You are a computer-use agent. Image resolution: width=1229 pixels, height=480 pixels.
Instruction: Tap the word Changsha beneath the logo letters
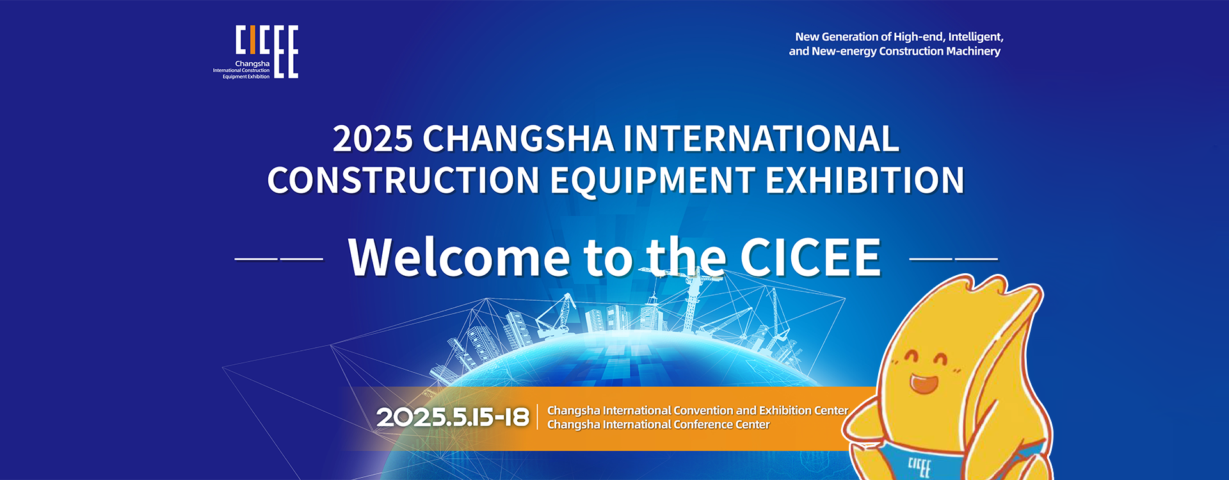point(252,64)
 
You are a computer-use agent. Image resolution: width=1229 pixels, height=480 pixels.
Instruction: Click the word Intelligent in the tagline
point(976,37)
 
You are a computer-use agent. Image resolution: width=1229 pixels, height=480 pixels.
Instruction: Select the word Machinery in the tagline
point(973,51)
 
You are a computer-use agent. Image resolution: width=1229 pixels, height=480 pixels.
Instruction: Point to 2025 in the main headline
point(373,139)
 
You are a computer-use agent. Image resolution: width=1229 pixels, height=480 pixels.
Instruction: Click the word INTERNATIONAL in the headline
point(762,139)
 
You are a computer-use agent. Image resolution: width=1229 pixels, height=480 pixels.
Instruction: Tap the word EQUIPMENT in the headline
point(652,180)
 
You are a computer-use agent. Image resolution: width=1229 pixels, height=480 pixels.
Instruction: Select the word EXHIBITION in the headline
point(865,180)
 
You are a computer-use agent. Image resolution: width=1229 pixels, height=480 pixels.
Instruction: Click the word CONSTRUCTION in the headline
point(404,180)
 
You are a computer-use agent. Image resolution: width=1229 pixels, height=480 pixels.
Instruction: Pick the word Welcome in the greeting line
point(459,257)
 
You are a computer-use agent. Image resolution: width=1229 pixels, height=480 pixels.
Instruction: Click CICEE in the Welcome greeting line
point(811,257)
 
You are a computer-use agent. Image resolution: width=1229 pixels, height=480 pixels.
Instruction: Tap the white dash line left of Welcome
point(279,259)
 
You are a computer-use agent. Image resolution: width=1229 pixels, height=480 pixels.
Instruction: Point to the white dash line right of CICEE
point(954,259)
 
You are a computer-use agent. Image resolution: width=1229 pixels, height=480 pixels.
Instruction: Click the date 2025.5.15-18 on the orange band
point(453,418)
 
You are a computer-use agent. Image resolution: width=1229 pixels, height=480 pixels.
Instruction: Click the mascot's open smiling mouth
point(924,383)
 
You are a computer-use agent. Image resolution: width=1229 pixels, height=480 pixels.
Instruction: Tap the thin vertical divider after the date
point(538,417)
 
